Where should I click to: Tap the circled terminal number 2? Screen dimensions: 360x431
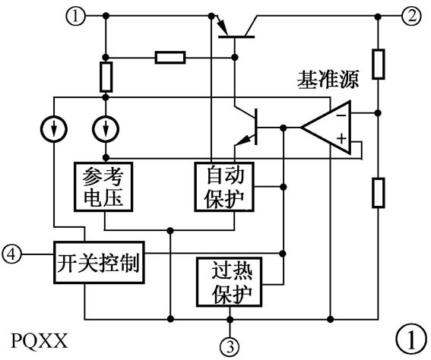[x=411, y=16]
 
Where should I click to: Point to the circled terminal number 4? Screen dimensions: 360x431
[x=11, y=251]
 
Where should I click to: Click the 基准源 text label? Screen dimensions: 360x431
[x=328, y=80]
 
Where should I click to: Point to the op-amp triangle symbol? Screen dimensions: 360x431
[x=329, y=128]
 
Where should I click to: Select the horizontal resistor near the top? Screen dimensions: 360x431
[x=169, y=57]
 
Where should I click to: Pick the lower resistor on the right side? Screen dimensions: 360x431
[x=377, y=191]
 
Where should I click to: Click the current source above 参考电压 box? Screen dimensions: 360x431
[x=104, y=130]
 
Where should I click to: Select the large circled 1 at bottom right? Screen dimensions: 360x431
[x=410, y=338]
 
